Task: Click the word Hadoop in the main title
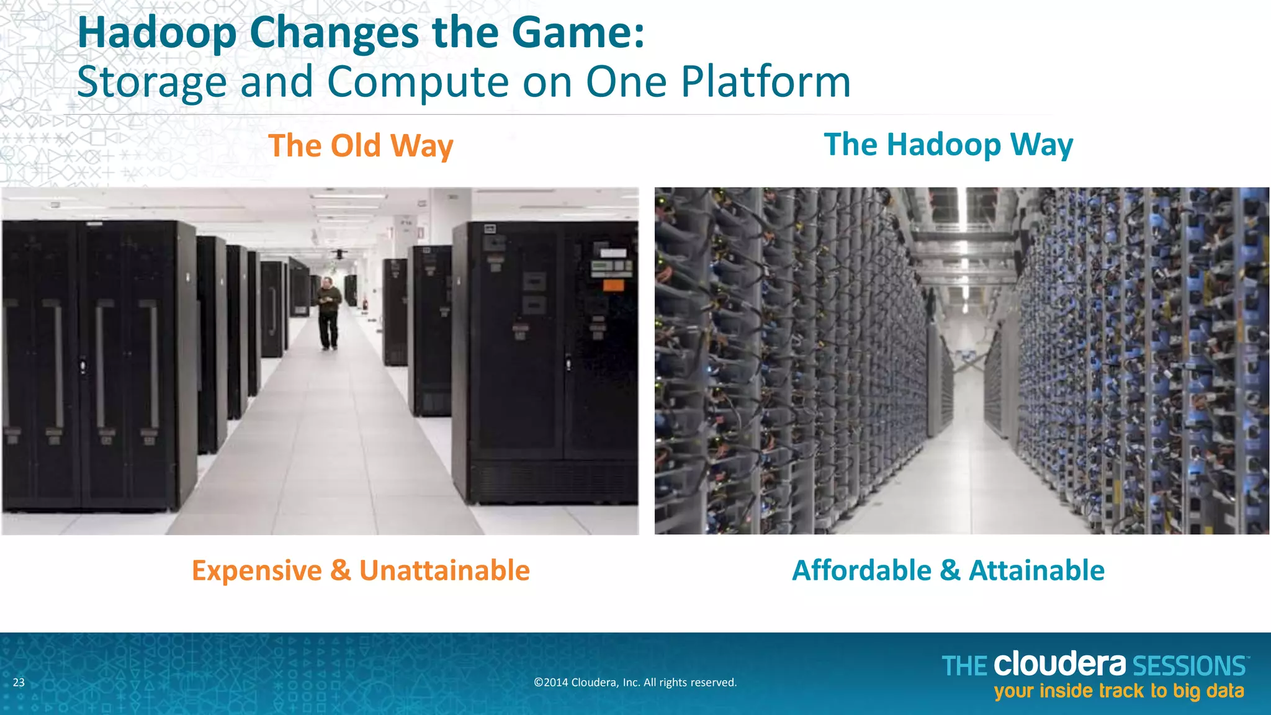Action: pyautogui.click(x=157, y=34)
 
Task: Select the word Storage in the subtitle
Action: pyautogui.click(x=152, y=83)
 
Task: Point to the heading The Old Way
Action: pyautogui.click(x=361, y=146)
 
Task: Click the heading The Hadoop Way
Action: pyautogui.click(x=948, y=145)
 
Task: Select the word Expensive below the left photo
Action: pyautogui.click(x=256, y=570)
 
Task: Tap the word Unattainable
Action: pyautogui.click(x=444, y=570)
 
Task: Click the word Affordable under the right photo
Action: pyautogui.click(x=861, y=570)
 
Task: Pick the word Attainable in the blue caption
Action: pyautogui.click(x=1036, y=570)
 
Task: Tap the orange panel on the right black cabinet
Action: pyautogui.click(x=613, y=285)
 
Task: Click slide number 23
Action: pyautogui.click(x=19, y=683)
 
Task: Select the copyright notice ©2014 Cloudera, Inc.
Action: pyautogui.click(x=635, y=683)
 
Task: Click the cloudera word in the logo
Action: pyautogui.click(x=1059, y=664)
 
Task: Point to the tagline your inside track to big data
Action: pyautogui.click(x=1119, y=691)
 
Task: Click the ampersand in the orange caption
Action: pyautogui.click(x=341, y=570)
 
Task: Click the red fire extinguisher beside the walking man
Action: pyautogui.click(x=366, y=304)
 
